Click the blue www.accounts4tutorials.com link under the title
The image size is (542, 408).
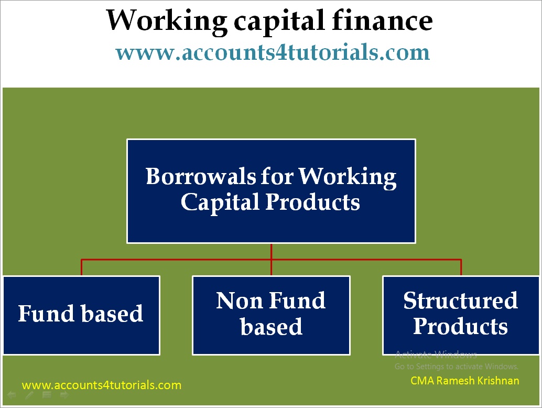[272, 52]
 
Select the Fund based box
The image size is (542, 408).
[81, 315]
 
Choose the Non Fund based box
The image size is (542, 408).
[271, 315]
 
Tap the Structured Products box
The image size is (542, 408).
[461, 315]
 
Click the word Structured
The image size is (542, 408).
[461, 301]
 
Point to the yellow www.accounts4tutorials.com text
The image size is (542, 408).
[102, 385]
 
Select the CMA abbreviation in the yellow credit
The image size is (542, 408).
[421, 381]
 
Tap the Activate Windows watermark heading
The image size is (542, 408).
[436, 354]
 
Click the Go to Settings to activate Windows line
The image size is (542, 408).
[457, 367]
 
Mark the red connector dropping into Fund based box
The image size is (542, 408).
[82, 267]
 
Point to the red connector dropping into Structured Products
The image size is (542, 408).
[461, 267]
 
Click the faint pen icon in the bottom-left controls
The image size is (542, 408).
[29, 395]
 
